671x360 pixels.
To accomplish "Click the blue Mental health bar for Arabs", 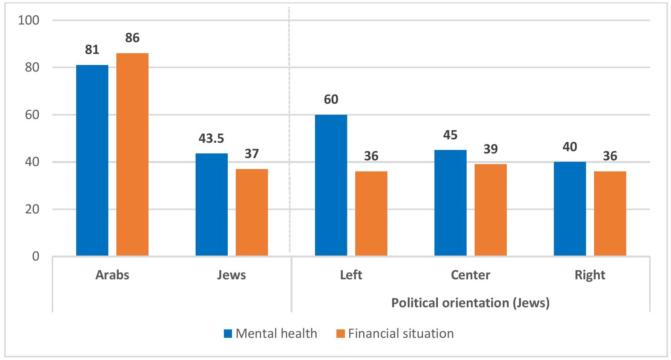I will coord(92,160).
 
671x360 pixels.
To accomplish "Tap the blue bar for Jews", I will coord(212,204).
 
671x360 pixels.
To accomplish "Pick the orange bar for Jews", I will coord(252,212).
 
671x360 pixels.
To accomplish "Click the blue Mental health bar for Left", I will coord(331,185).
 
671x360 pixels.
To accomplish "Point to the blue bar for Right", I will coord(570,209).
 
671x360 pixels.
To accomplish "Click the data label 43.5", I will coord(211,138).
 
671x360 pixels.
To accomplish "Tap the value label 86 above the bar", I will coord(132,37).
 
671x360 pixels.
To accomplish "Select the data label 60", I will coord(331,99).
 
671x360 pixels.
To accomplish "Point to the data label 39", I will coord(491,149).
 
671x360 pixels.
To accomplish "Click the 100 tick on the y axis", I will coord(29,20).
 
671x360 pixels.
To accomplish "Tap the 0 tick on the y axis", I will coord(36,256).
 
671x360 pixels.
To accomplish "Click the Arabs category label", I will coord(112,275).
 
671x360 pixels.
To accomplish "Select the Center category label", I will coord(470,275).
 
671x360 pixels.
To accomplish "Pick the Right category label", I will coord(590,275).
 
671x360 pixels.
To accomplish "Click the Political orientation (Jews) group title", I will coord(470,303).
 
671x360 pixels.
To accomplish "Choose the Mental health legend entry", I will coord(276,334).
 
